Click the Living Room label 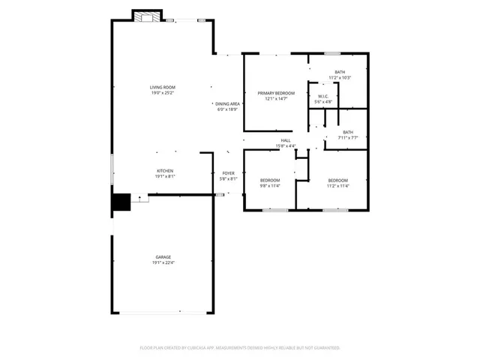point(162,88)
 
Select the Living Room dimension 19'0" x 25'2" point(162,93)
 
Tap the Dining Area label point(227,103)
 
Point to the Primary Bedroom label point(276,93)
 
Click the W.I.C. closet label point(323,96)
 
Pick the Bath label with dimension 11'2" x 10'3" point(340,72)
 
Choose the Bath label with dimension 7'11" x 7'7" point(348,132)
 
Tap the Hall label point(286,140)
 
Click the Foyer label point(228,173)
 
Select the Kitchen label point(165,171)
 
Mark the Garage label point(163,256)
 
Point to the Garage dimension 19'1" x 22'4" point(163,262)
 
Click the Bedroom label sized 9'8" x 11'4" point(270,180)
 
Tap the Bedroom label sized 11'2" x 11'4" point(337,180)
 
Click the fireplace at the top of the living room point(145,16)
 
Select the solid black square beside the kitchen point(121,203)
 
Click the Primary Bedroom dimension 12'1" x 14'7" point(276,99)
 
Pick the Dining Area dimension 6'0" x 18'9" point(227,109)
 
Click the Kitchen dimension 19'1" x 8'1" point(165,176)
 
